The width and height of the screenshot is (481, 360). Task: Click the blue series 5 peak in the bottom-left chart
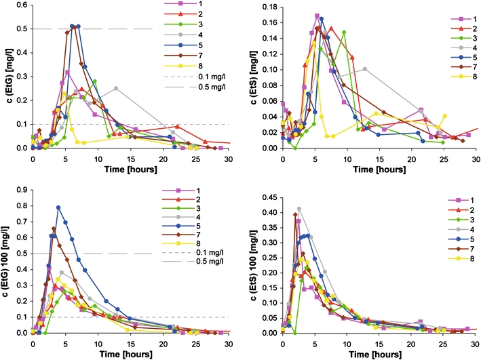tap(59, 207)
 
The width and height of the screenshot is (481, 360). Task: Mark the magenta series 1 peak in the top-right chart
tap(317, 16)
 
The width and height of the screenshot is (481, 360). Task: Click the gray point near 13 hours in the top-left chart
tap(116, 88)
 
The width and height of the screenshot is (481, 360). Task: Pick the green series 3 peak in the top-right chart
tap(344, 32)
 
